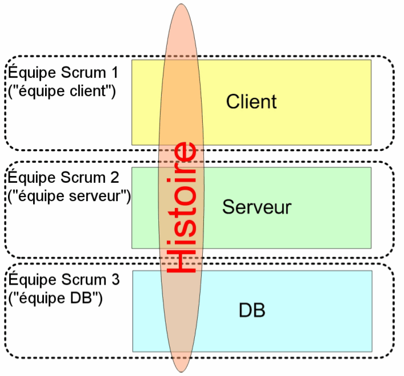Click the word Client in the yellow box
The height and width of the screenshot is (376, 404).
[x=251, y=102]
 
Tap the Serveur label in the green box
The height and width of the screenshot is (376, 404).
[x=257, y=207]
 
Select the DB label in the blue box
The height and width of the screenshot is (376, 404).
[x=252, y=311]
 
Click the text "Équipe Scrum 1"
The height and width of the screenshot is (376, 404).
[x=62, y=74]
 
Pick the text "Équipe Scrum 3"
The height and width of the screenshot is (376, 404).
[x=63, y=281]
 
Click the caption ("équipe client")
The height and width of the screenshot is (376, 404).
[x=61, y=91]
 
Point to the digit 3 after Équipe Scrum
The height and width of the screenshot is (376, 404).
[x=115, y=281]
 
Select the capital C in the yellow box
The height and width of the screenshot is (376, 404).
[x=233, y=102]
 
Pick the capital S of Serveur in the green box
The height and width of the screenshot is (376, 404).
[x=227, y=207]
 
